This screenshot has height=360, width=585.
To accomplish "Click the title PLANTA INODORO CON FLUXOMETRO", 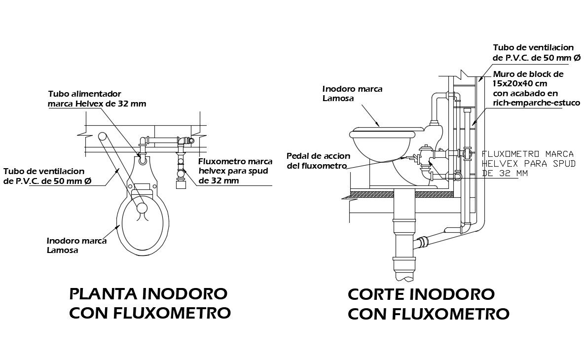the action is [x=150, y=303].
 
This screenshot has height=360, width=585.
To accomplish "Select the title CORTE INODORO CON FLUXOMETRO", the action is [x=429, y=304].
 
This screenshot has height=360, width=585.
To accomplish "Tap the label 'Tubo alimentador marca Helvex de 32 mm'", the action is [x=97, y=99].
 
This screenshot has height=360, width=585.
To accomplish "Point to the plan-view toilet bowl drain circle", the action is [x=141, y=208].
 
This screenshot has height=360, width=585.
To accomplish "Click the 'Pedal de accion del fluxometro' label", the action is [x=319, y=161].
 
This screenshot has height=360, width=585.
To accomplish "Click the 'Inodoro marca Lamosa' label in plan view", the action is [x=77, y=246].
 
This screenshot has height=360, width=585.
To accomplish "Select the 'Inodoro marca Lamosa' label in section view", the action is [x=352, y=94].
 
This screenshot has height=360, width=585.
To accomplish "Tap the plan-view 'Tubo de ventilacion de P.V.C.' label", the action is [x=48, y=176].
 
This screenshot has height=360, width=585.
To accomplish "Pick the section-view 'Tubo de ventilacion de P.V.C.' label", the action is [x=537, y=53].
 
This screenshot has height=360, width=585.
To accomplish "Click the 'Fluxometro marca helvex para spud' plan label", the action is [x=235, y=171].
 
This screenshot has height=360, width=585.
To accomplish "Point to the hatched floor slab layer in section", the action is [x=401, y=194].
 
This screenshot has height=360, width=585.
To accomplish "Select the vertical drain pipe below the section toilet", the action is [x=404, y=235].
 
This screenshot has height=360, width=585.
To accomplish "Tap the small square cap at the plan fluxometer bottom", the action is [x=182, y=183].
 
